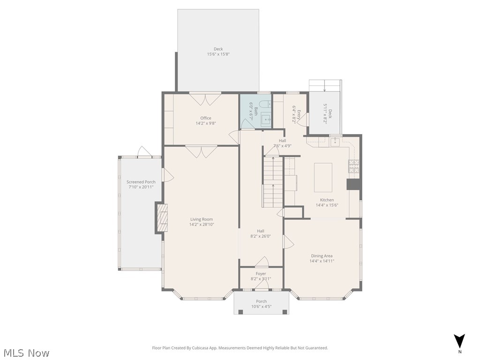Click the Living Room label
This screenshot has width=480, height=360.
tap(202, 219)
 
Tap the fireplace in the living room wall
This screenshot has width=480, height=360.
tap(162, 218)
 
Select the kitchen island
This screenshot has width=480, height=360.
tap(323, 177)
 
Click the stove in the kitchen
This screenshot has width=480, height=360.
tap(353, 165)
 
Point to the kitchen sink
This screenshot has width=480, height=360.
tap(335, 142)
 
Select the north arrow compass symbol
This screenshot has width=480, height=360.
tap(459, 341)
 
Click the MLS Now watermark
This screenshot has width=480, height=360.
tap(26, 352)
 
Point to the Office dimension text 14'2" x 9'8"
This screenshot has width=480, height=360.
tap(206, 123)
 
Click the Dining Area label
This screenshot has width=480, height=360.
tap(322, 256)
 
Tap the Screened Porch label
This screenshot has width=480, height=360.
tap(141, 182)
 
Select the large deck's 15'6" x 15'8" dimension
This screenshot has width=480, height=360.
tap(218, 54)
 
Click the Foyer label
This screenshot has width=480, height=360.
tap(261, 274)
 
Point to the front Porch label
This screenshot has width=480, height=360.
tap(261, 301)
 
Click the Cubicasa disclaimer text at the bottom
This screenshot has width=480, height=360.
tap(240, 348)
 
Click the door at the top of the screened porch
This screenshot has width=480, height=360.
tap(144, 152)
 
